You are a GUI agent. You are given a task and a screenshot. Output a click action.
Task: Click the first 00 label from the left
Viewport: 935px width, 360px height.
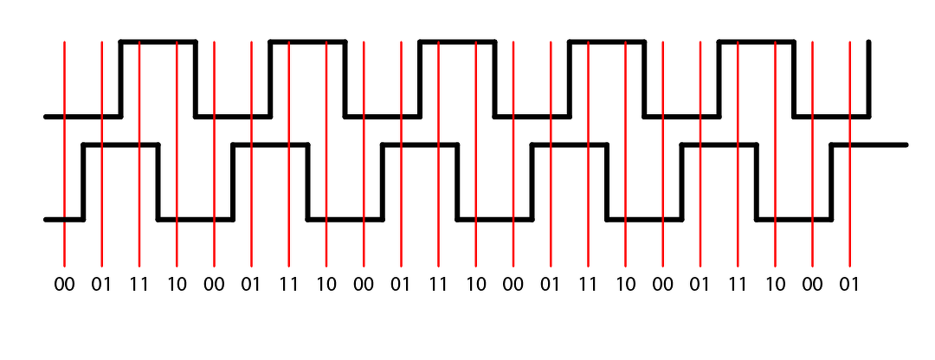click(64, 284)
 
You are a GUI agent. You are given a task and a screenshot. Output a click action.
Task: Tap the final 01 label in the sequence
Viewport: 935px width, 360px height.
click(850, 284)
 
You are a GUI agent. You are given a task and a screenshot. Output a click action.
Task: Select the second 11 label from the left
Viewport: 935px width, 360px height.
click(288, 284)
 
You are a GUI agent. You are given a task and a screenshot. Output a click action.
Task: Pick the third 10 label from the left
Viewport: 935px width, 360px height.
click(476, 284)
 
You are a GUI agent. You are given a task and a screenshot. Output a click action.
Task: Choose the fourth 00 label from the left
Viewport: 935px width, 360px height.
click(513, 284)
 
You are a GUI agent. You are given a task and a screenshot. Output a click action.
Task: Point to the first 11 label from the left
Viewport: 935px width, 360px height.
click(139, 284)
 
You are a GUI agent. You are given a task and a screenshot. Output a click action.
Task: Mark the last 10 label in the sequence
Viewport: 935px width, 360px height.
click(775, 284)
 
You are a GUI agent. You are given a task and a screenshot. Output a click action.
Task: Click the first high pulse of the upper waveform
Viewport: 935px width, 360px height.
click(158, 41)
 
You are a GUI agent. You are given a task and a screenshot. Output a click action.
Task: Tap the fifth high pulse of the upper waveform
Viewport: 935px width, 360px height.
click(757, 41)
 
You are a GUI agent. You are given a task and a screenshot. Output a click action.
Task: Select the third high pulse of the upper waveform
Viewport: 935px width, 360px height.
click(457, 41)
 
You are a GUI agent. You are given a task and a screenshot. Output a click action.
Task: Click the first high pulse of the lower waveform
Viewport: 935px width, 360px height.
click(121, 145)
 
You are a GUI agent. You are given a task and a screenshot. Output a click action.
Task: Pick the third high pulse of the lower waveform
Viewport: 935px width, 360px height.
click(420, 145)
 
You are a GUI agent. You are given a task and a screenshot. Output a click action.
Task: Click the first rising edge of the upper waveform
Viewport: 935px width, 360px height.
click(120, 78)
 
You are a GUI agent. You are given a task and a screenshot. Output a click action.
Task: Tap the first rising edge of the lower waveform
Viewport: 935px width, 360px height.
click(83, 182)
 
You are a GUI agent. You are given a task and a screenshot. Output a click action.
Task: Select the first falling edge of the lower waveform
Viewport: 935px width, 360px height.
click(158, 182)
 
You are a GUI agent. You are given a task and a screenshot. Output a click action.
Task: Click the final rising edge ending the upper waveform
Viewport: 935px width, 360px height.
click(868, 78)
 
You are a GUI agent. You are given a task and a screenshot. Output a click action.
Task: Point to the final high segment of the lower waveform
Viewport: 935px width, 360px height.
click(869, 145)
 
